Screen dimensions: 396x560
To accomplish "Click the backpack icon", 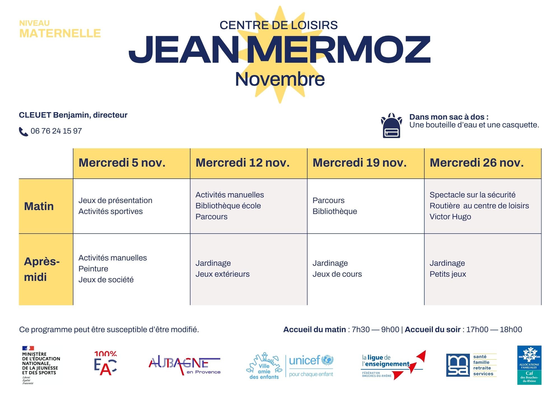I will click(391, 126).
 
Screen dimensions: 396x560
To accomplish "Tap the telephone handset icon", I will click(23, 132).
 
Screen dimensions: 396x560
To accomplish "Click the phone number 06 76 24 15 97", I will click(56, 131).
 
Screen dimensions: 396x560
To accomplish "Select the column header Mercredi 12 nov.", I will click(242, 163).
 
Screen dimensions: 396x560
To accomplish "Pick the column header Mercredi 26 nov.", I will click(477, 163).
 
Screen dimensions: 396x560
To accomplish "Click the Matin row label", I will click(39, 206).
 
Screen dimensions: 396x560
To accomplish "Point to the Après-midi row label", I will click(42, 269).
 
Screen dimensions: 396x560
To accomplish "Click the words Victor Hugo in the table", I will click(450, 217).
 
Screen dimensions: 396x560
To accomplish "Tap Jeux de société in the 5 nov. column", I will click(106, 280).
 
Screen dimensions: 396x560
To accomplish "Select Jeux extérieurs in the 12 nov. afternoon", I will click(222, 274).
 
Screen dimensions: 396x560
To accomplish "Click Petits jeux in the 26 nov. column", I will click(448, 274).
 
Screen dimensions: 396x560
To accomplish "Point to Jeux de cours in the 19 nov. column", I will click(337, 274).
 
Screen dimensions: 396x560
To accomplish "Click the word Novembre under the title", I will click(280, 79).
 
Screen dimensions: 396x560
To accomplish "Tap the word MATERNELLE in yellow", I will click(60, 34).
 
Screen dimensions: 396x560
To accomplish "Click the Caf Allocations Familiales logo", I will click(529, 365).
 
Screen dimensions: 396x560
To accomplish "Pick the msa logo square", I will click(458, 365).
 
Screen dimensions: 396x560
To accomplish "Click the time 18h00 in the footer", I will click(511, 330).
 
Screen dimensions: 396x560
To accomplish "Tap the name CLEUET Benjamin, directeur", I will click(73, 115).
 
